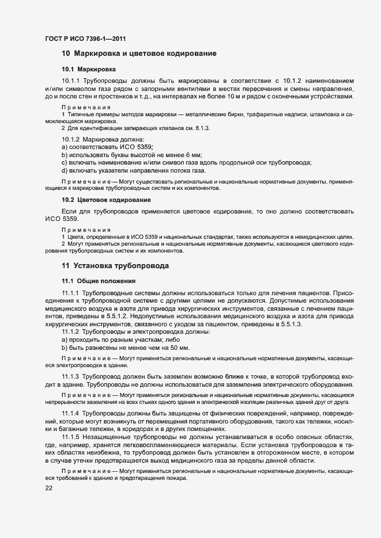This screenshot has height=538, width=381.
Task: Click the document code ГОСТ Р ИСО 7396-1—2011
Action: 85,39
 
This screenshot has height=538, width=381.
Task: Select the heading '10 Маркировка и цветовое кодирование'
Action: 139,54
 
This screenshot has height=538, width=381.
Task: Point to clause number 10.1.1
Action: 72,81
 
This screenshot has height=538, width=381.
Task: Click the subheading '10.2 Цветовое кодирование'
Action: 106,200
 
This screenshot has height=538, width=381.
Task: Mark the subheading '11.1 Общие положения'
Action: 98,281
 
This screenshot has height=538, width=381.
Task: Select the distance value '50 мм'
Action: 179,349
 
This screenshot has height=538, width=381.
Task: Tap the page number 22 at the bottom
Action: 50,489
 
